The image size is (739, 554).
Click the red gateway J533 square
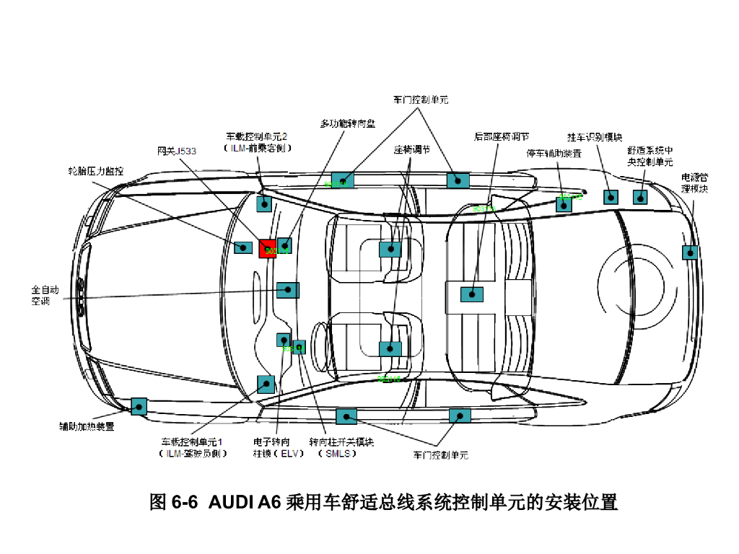pos(267,248)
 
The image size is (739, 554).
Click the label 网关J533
pos(177,151)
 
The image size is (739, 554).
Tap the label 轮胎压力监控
pos(96,172)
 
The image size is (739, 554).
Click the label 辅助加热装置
pos(87,426)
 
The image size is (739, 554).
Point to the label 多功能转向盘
pos(348,123)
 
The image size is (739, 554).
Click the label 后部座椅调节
pos(502,136)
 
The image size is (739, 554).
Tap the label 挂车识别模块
pos(595,137)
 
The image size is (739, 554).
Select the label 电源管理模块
pos(695,183)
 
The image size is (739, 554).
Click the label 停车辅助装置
pos(554,154)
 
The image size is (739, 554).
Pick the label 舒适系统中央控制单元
pos(650,157)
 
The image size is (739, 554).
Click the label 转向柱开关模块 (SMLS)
pos(341,447)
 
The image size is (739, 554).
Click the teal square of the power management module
pos(690,252)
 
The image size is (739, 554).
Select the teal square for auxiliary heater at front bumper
pos(139,406)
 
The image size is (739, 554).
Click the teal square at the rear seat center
pos(472,294)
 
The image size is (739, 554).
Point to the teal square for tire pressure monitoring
pos(243,247)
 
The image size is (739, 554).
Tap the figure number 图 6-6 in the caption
pos(173,502)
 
